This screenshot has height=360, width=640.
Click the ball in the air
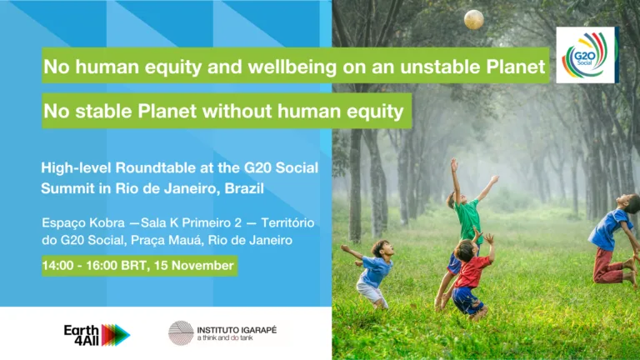pyautogui.click(x=474, y=19)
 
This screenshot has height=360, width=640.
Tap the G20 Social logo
pyautogui.click(x=587, y=55)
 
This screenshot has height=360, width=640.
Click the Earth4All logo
pyautogui.click(x=97, y=335)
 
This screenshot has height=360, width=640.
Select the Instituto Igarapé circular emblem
pyautogui.click(x=181, y=333)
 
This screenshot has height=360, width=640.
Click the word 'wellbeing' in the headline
pyautogui.click(x=292, y=66)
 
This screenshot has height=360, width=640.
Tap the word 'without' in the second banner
pyautogui.click(x=237, y=111)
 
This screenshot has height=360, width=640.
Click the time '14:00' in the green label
pyautogui.click(x=57, y=266)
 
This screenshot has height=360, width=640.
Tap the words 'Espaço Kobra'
pyautogui.click(x=83, y=222)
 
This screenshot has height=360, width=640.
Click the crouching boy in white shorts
pyautogui.click(x=370, y=272)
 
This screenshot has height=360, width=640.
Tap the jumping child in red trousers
pyautogui.click(x=613, y=241)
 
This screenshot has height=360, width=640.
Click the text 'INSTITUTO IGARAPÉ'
pyautogui.click(x=237, y=330)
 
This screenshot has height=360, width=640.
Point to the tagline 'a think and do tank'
pyautogui.click(x=225, y=338)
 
